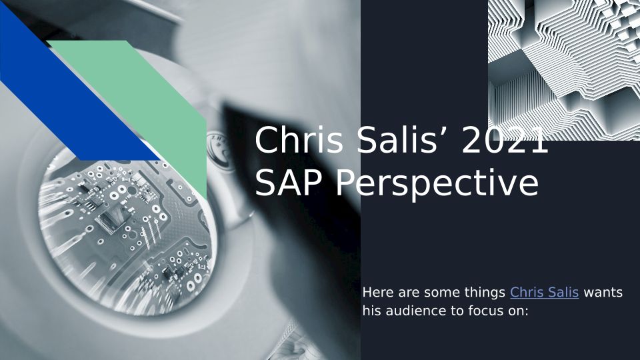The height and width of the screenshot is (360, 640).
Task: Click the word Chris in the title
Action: pyautogui.click(x=299, y=139)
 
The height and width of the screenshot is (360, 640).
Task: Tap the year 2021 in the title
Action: pyautogui.click(x=505, y=139)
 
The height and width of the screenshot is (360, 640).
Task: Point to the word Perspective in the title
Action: pyautogui.click(x=437, y=184)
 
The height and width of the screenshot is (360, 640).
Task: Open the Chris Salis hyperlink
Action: pyautogui.click(x=544, y=292)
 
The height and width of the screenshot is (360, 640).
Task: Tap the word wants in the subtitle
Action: pyautogui.click(x=603, y=293)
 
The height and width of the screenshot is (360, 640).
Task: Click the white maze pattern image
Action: pyautogui.click(x=564, y=70)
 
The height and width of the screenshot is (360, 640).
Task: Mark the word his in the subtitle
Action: pyautogui.click(x=372, y=311)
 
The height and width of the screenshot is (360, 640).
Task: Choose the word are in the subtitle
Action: pyautogui.click(x=409, y=293)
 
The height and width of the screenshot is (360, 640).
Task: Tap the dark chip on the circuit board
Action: pyautogui.click(x=109, y=221)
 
